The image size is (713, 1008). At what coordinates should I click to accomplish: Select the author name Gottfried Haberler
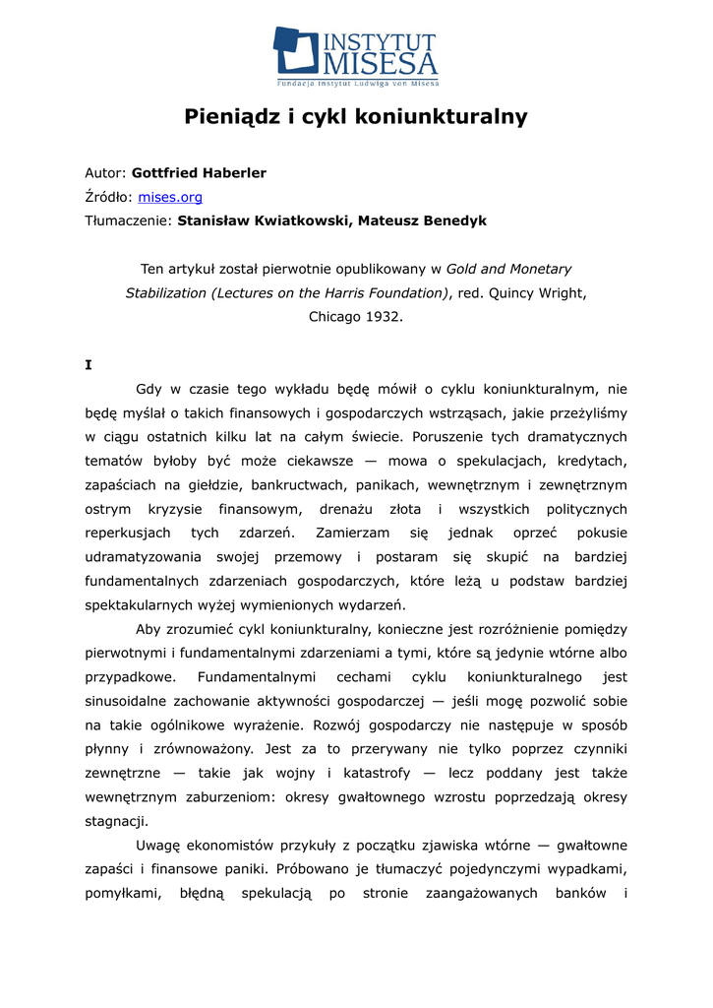(x=199, y=173)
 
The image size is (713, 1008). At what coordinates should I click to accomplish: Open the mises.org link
(x=169, y=197)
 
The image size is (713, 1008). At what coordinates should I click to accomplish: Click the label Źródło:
(x=108, y=197)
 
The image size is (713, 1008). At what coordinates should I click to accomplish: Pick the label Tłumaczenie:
(x=129, y=221)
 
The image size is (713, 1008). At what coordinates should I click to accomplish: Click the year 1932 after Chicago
(x=385, y=317)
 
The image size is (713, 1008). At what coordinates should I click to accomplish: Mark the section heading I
(x=89, y=365)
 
